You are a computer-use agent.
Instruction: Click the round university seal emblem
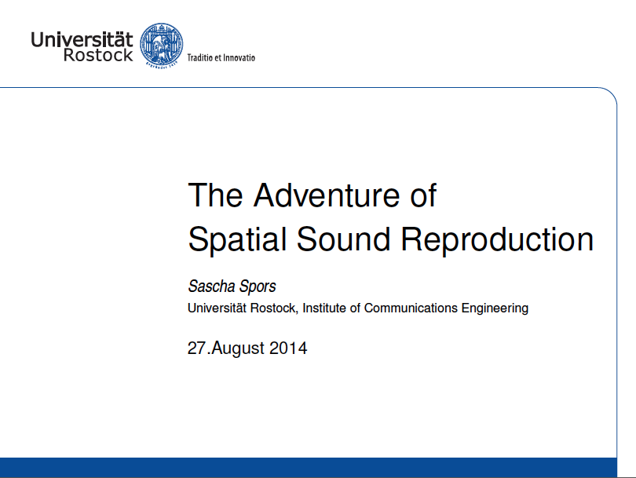[x=161, y=45]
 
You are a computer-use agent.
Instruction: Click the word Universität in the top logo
[x=82, y=38]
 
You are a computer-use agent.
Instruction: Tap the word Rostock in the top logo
[x=98, y=56]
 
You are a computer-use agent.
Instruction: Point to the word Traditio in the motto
[x=201, y=57]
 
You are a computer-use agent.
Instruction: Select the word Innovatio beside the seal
[x=239, y=57]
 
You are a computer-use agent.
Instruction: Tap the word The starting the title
[x=214, y=195]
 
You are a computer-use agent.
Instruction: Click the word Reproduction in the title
[x=497, y=239]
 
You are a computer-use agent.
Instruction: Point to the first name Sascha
[x=211, y=286]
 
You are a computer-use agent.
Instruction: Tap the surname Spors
[x=258, y=287]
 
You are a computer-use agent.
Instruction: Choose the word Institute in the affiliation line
[x=328, y=308]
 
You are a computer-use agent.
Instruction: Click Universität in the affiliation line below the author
[x=217, y=308]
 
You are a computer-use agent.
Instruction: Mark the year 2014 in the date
[x=288, y=348]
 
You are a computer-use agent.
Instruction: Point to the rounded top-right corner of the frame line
[x=611, y=94]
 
